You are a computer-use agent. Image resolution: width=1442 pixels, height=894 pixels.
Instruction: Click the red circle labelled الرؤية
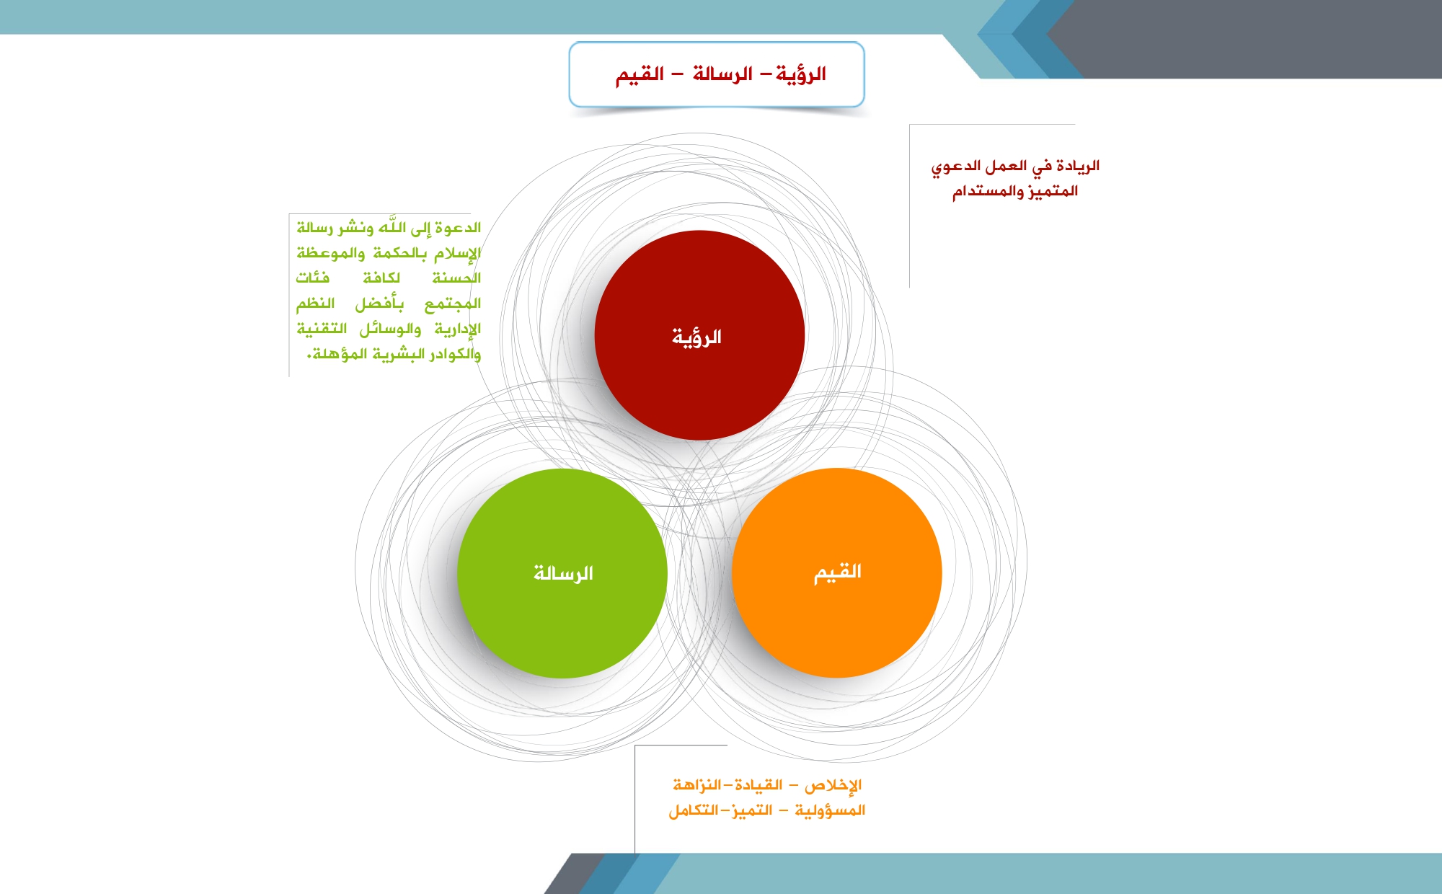[699, 335]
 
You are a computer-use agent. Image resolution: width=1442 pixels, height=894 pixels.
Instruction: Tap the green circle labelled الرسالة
[562, 573]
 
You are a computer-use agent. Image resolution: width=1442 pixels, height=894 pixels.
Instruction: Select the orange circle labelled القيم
[837, 572]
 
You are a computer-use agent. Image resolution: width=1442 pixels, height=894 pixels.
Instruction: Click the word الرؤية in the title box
[801, 74]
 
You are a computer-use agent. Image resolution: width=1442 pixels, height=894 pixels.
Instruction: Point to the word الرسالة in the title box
[722, 74]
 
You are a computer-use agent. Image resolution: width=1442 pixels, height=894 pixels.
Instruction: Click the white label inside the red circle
[696, 337]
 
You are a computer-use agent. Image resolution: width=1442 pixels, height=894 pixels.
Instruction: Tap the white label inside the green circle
[563, 573]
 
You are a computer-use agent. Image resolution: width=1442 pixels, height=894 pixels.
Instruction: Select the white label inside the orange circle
[838, 572]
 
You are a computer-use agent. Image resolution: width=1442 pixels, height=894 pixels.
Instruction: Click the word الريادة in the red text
[1078, 166]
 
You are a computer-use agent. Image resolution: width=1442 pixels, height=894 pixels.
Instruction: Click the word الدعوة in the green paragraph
[458, 228]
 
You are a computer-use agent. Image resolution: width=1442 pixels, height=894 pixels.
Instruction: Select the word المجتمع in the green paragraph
[453, 304]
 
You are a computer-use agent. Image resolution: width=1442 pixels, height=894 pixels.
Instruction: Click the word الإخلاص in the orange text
[833, 785]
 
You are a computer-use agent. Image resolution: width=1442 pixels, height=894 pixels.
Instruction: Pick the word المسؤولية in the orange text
[830, 810]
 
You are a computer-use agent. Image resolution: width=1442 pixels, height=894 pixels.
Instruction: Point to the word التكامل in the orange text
[694, 810]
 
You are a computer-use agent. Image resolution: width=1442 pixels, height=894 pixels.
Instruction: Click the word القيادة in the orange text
[758, 784]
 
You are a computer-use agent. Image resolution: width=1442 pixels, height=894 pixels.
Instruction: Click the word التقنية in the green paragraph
[322, 329]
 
